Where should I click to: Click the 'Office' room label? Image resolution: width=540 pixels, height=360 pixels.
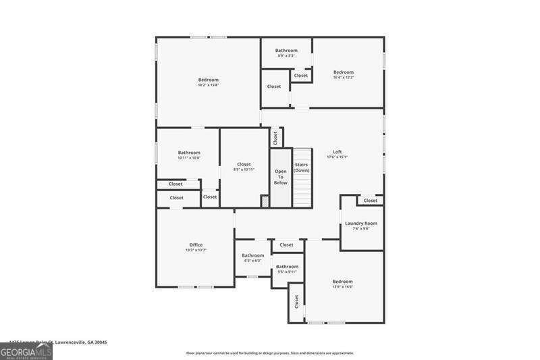point(196,245)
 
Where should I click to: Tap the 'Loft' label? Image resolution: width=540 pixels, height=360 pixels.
point(337,151)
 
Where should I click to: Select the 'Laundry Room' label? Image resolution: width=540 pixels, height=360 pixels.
point(361,223)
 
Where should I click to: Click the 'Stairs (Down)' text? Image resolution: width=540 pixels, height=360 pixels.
point(302,168)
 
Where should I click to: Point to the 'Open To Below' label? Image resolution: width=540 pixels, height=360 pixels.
point(281,177)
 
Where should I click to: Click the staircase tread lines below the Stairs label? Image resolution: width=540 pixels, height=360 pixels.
point(302,192)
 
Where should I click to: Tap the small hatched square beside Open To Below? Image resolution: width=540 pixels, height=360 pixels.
point(265,201)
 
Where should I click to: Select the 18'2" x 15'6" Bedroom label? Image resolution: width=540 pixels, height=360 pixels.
point(208,80)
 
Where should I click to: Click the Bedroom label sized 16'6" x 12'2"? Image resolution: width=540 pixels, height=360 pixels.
point(344,72)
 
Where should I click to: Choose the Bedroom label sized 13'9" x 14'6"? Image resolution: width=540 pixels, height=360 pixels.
point(342,282)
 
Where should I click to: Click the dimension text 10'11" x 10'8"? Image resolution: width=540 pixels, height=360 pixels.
point(189,158)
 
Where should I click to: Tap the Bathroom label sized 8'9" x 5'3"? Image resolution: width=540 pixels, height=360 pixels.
point(286,51)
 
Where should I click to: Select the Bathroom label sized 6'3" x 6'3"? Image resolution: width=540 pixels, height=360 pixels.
point(253,255)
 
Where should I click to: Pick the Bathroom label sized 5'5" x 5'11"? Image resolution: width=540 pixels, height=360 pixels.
point(287,267)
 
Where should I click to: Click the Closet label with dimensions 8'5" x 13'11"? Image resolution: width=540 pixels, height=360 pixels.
point(244,164)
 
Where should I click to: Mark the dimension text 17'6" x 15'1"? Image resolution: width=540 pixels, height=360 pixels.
point(337,157)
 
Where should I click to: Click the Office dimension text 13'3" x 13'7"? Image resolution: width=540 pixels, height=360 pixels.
point(196,251)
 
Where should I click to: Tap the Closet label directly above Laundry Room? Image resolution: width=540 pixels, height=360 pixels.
point(371,201)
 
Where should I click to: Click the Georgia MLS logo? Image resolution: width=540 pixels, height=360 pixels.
point(26,352)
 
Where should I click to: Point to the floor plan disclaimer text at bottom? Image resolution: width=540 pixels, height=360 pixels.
point(270,353)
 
